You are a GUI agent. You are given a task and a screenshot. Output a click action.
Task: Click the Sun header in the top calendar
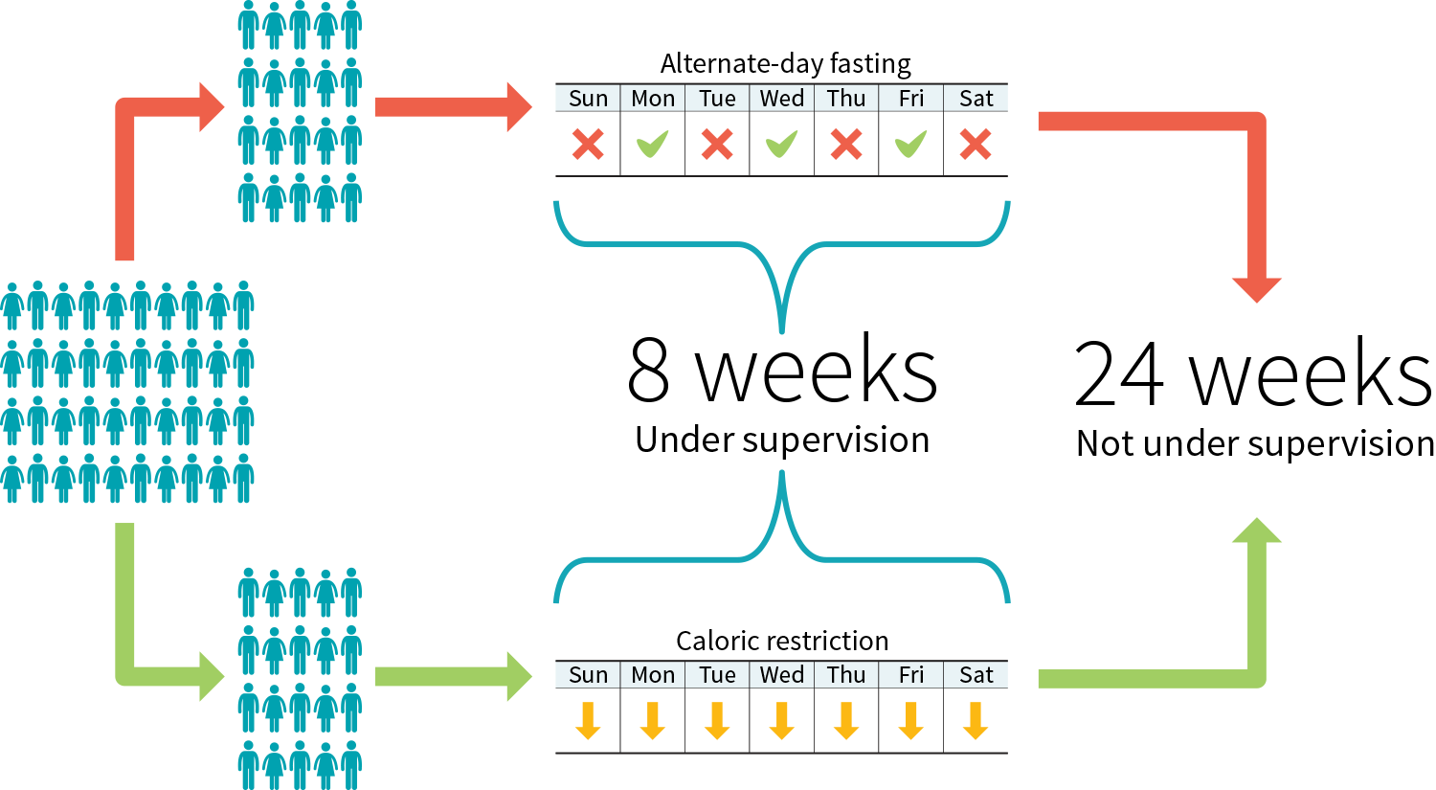point(588,99)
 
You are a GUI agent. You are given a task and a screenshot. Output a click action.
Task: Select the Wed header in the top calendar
point(782,99)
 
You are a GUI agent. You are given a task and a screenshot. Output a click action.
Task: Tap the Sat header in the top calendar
point(976,99)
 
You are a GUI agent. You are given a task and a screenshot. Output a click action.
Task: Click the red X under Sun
point(588,145)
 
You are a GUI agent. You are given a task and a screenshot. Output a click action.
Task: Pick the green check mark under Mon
point(653,145)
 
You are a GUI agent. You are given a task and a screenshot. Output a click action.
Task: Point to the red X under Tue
point(717,145)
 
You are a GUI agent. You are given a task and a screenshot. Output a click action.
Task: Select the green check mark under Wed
point(782,145)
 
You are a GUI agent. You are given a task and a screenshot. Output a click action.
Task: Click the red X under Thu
point(846,145)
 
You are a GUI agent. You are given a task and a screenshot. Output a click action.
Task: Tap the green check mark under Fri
point(911,145)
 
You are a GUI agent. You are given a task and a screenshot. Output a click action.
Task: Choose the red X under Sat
point(976,145)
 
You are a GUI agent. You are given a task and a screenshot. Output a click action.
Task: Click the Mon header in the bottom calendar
point(653,675)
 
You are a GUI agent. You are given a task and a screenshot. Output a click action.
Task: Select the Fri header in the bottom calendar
point(911,675)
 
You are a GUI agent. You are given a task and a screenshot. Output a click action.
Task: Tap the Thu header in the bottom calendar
point(846,675)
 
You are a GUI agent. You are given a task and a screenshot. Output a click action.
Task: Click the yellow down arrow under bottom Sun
point(588,721)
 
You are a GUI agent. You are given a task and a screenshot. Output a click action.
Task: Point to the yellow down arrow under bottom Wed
point(782,721)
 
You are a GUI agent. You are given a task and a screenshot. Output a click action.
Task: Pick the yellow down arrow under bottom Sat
point(976,721)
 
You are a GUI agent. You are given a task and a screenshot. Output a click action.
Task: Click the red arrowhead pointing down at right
point(1256,288)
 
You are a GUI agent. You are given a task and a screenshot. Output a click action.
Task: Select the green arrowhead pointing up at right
point(1256,531)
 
